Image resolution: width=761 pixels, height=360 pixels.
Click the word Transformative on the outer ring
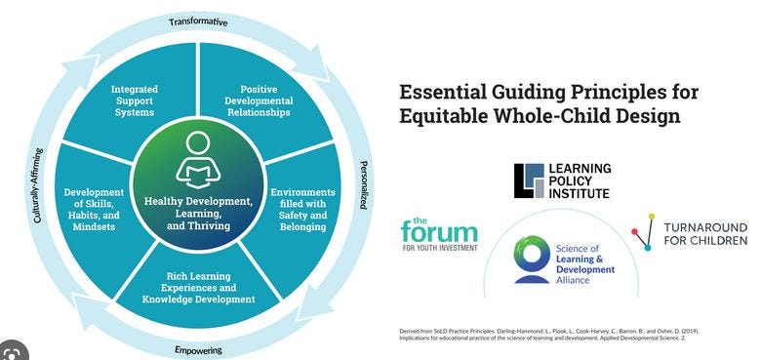(198, 21)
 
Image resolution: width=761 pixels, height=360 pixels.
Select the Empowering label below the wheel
(199, 350)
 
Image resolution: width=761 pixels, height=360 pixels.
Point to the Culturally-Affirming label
(37, 186)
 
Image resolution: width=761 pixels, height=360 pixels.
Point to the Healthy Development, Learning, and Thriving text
(198, 214)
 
